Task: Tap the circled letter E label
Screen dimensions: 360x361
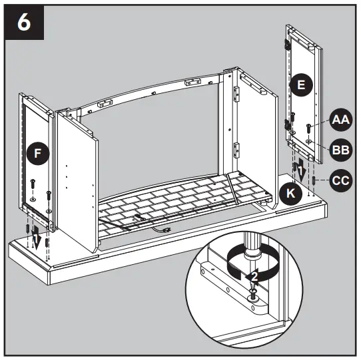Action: pos(301,85)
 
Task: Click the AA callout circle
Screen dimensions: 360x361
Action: pos(340,120)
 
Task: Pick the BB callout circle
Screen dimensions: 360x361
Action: pos(340,150)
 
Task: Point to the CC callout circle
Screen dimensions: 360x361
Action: pos(340,180)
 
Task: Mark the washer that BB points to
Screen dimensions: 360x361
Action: pos(310,141)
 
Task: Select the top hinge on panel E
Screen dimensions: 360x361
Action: pos(290,44)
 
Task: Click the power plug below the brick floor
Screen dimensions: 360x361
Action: pos(162,230)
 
